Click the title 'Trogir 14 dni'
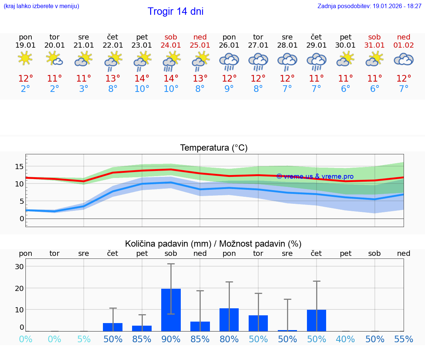click(175, 11)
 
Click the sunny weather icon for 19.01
click(25, 58)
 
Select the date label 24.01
click(171, 45)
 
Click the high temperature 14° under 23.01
click(142, 79)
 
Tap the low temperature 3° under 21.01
click(84, 89)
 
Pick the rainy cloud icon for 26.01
click(229, 61)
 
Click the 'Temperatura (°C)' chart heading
click(214, 148)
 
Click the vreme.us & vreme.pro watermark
click(315, 176)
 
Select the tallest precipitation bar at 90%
click(171, 310)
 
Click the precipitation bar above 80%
click(229, 319)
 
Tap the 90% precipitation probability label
click(171, 339)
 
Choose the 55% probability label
click(404, 339)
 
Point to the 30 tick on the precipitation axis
click(19, 267)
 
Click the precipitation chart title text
click(213, 244)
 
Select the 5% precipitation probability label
click(84, 339)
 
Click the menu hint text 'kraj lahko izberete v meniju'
click(41, 6)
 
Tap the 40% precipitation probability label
click(346, 339)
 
